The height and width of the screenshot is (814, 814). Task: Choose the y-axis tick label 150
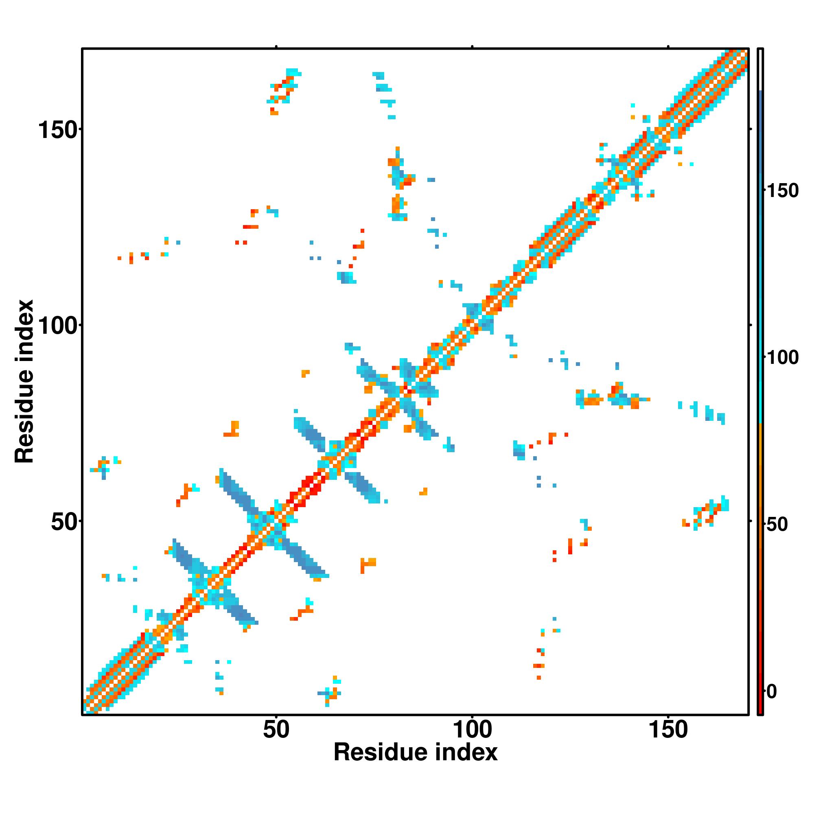click(58, 130)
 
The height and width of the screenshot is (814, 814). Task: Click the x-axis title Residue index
click(416, 753)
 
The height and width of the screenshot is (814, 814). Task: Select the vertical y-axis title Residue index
click(24, 382)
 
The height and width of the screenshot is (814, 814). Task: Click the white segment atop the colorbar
click(761, 70)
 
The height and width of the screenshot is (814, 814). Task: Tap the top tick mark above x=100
click(472, 46)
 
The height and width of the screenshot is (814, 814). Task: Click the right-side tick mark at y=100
click(751, 325)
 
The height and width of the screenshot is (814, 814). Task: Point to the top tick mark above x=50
click(276, 46)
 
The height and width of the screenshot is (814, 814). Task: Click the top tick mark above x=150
click(668, 46)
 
